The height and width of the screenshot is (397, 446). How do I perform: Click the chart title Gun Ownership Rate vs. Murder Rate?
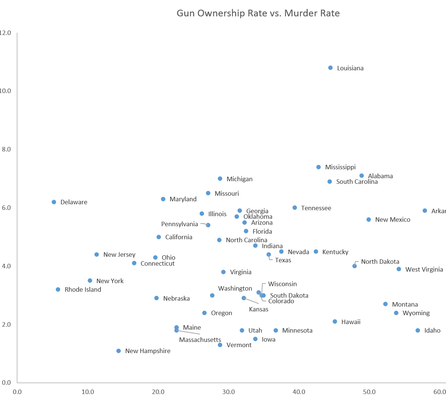coord(258,14)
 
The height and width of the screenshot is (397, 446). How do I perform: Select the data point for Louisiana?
coord(330,68)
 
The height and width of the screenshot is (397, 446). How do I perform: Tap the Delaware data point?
coord(54,202)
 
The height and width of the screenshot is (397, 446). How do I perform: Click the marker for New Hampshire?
coord(119,351)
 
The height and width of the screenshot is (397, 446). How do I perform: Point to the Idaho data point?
coord(418,330)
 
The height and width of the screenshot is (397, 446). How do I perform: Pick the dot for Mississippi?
coord(319,167)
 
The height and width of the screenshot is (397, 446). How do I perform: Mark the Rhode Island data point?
coord(58,289)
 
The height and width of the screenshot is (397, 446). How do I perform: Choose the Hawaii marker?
coord(335,321)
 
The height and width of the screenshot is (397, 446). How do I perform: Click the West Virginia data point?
coord(399,269)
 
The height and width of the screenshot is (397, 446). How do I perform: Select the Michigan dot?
coord(220,179)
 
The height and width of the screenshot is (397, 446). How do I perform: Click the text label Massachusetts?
coord(200,340)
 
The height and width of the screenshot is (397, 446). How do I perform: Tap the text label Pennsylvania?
coord(180,224)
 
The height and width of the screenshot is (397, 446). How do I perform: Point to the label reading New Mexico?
coord(392,220)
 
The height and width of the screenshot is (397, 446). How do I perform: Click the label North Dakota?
coord(380,262)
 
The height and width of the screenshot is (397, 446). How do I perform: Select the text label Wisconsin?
coord(282,284)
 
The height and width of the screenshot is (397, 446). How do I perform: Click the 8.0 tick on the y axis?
coord(6,149)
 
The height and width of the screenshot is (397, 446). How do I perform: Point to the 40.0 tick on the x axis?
coord(299,392)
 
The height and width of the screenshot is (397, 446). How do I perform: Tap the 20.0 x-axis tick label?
coord(158,392)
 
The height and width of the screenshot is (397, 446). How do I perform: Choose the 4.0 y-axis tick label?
coord(6,266)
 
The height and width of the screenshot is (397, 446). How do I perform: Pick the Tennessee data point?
coord(295,208)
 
